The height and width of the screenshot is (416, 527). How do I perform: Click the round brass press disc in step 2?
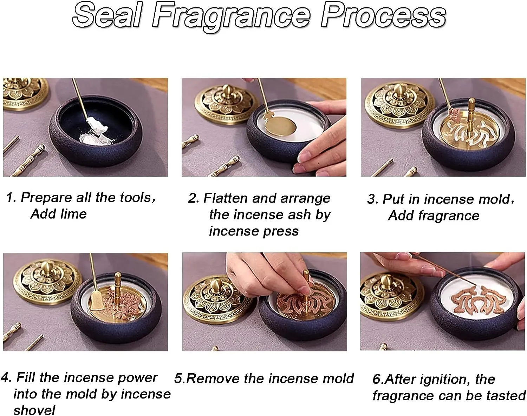(x=279, y=125)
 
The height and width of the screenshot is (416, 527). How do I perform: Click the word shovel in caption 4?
(x=34, y=410)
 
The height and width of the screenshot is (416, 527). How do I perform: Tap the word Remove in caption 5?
(x=213, y=378)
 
